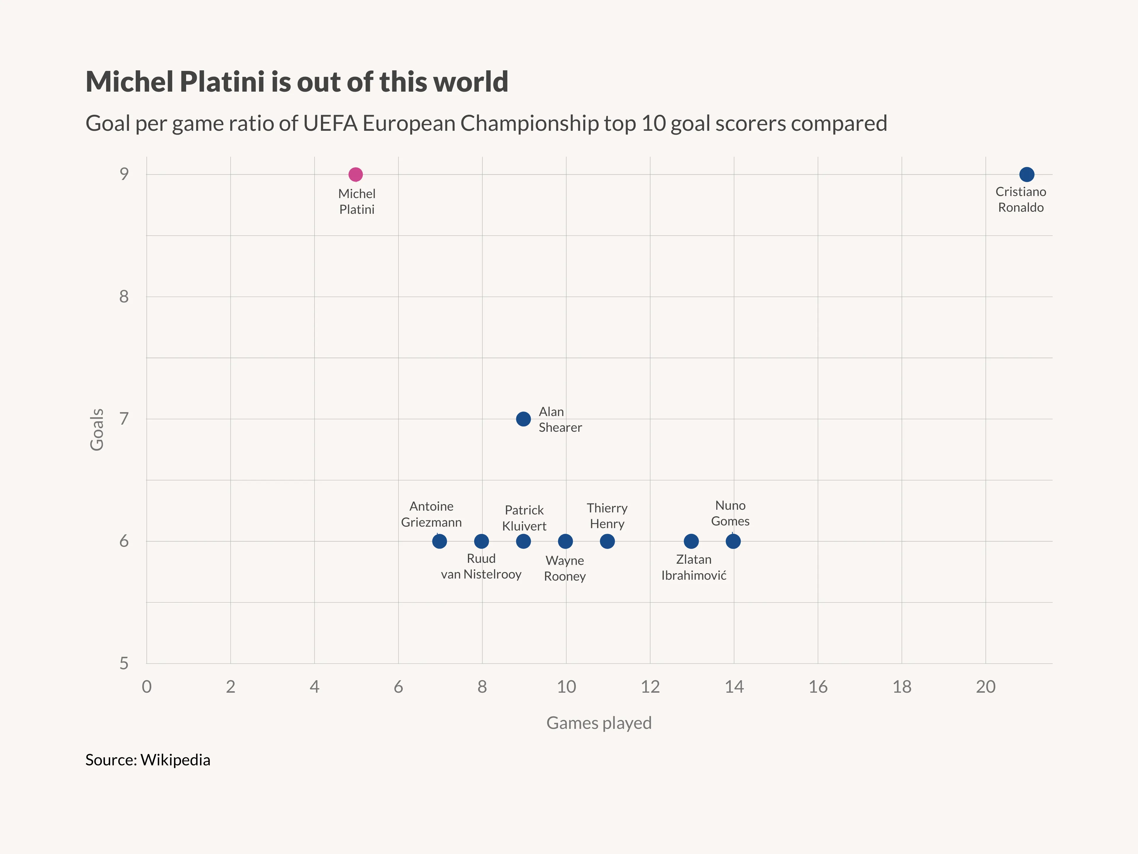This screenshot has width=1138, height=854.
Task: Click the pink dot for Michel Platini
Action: point(356,174)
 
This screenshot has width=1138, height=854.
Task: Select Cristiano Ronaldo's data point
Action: point(1026,174)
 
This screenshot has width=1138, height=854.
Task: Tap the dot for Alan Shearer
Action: point(523,419)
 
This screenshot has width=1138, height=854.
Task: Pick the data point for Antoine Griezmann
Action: point(439,541)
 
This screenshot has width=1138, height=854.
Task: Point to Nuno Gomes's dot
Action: point(733,541)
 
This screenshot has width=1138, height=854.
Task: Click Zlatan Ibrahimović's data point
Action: point(691,541)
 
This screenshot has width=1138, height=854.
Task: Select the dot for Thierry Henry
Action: point(607,541)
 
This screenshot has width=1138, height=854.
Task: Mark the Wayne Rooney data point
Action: point(565,541)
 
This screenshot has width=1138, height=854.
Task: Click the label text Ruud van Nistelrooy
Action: point(481,566)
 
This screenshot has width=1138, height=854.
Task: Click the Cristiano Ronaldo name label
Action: point(1021,199)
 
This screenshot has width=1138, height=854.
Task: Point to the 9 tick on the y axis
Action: point(124,174)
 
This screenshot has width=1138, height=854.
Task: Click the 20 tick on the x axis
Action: point(986,687)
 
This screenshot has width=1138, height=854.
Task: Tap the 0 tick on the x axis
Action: point(147,687)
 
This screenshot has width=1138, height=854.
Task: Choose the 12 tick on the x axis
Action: point(650,687)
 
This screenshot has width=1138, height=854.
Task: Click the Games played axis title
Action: point(599,723)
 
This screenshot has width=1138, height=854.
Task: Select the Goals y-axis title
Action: point(97,430)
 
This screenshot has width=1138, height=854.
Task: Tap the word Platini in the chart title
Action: point(222,82)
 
